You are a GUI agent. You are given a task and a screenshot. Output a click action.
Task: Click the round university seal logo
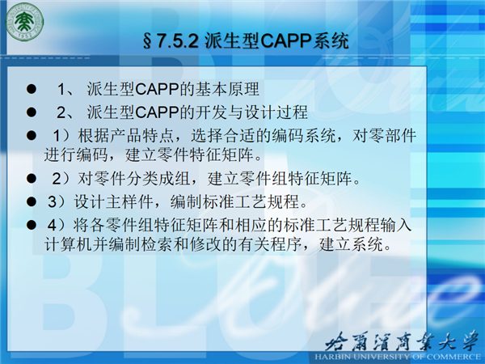25,22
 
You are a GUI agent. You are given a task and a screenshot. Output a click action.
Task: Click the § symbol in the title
148,41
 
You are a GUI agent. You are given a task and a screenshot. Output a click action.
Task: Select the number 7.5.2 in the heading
177,41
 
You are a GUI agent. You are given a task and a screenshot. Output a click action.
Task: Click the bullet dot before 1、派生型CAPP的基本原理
32,89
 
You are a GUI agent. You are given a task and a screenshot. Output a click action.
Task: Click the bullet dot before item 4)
32,225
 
